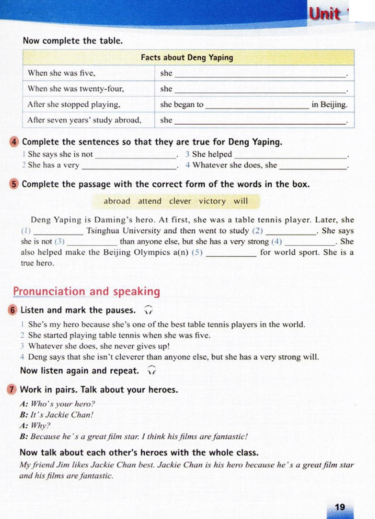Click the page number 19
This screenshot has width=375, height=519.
click(340, 507)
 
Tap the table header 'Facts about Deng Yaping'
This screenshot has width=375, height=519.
click(187, 58)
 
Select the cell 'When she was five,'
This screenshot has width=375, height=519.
click(62, 73)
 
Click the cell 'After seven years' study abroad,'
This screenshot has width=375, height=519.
click(84, 120)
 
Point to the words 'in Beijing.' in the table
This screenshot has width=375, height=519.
click(329, 105)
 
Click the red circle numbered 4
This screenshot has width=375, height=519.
click(14, 142)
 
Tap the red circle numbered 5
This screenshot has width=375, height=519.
click(14, 184)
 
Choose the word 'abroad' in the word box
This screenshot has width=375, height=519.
click(117, 201)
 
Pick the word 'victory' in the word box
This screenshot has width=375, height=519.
click(212, 201)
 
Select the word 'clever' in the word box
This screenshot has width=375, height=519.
click(180, 201)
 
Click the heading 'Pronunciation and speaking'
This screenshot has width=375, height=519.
click(86, 291)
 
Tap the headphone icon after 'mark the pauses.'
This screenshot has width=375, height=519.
click(148, 310)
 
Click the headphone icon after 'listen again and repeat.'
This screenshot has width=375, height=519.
click(152, 370)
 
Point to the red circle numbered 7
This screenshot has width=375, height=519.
click(12, 390)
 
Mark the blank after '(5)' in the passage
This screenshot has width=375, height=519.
click(231, 253)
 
